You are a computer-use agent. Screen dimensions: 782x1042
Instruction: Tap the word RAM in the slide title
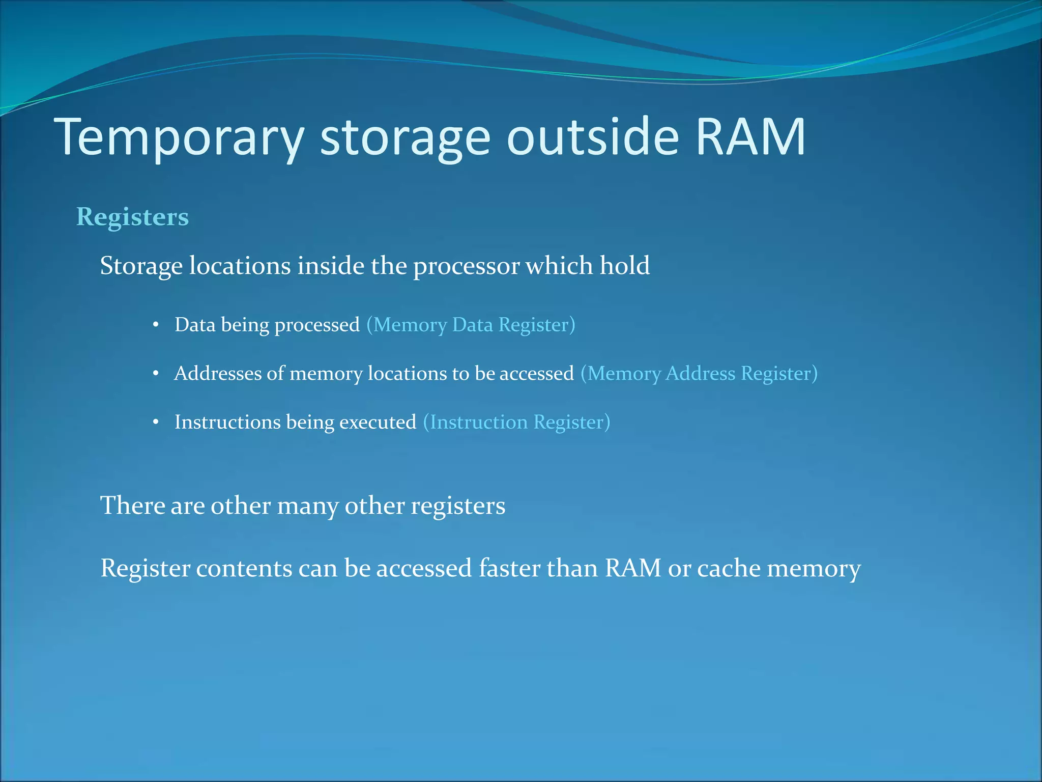[x=750, y=136]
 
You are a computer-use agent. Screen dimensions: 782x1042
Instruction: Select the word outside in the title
[x=593, y=136]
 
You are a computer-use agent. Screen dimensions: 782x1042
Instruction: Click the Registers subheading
[x=132, y=217]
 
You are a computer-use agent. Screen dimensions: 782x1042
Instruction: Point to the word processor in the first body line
[x=467, y=266]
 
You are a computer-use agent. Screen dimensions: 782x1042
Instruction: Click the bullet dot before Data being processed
[x=156, y=325]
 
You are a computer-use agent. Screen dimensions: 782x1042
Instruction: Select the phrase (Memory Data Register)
[x=471, y=325]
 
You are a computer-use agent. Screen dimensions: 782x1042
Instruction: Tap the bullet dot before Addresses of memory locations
[x=156, y=374]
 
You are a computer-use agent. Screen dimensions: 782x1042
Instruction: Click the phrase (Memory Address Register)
[x=699, y=374]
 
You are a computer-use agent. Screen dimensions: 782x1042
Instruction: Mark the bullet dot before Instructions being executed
[x=156, y=422]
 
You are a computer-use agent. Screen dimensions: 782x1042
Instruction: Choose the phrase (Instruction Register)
[x=516, y=422]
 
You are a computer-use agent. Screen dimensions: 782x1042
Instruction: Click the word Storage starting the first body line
[x=141, y=266]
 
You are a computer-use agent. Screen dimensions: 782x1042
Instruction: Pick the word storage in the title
[x=405, y=136]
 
